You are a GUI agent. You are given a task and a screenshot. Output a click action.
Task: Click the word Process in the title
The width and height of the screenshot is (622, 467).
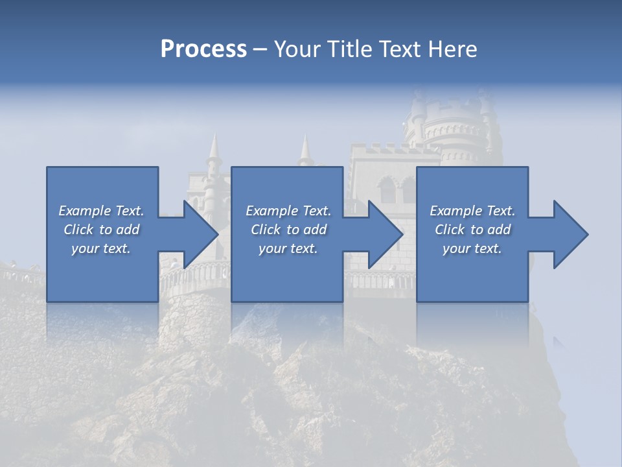coord(203,49)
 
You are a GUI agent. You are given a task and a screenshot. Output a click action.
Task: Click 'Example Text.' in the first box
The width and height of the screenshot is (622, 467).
coord(101,211)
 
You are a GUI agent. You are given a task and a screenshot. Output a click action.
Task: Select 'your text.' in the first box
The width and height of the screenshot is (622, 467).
coord(101,248)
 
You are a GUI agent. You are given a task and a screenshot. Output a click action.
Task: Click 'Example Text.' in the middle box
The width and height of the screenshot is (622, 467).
coord(288,211)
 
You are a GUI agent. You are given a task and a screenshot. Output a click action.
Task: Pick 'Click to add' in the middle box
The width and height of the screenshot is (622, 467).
coord(288,230)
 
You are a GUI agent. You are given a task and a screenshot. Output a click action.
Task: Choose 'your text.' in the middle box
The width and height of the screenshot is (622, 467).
coord(288,248)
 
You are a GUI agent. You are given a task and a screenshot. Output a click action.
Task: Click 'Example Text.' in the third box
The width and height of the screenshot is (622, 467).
coord(472,211)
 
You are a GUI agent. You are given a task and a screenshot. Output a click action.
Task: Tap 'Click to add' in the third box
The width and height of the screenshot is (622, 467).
coord(472,230)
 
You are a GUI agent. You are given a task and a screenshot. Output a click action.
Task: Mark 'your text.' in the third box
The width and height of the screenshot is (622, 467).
coord(472,248)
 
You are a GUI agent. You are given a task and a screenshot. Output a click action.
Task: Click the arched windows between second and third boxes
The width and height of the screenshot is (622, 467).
coord(396,191)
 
